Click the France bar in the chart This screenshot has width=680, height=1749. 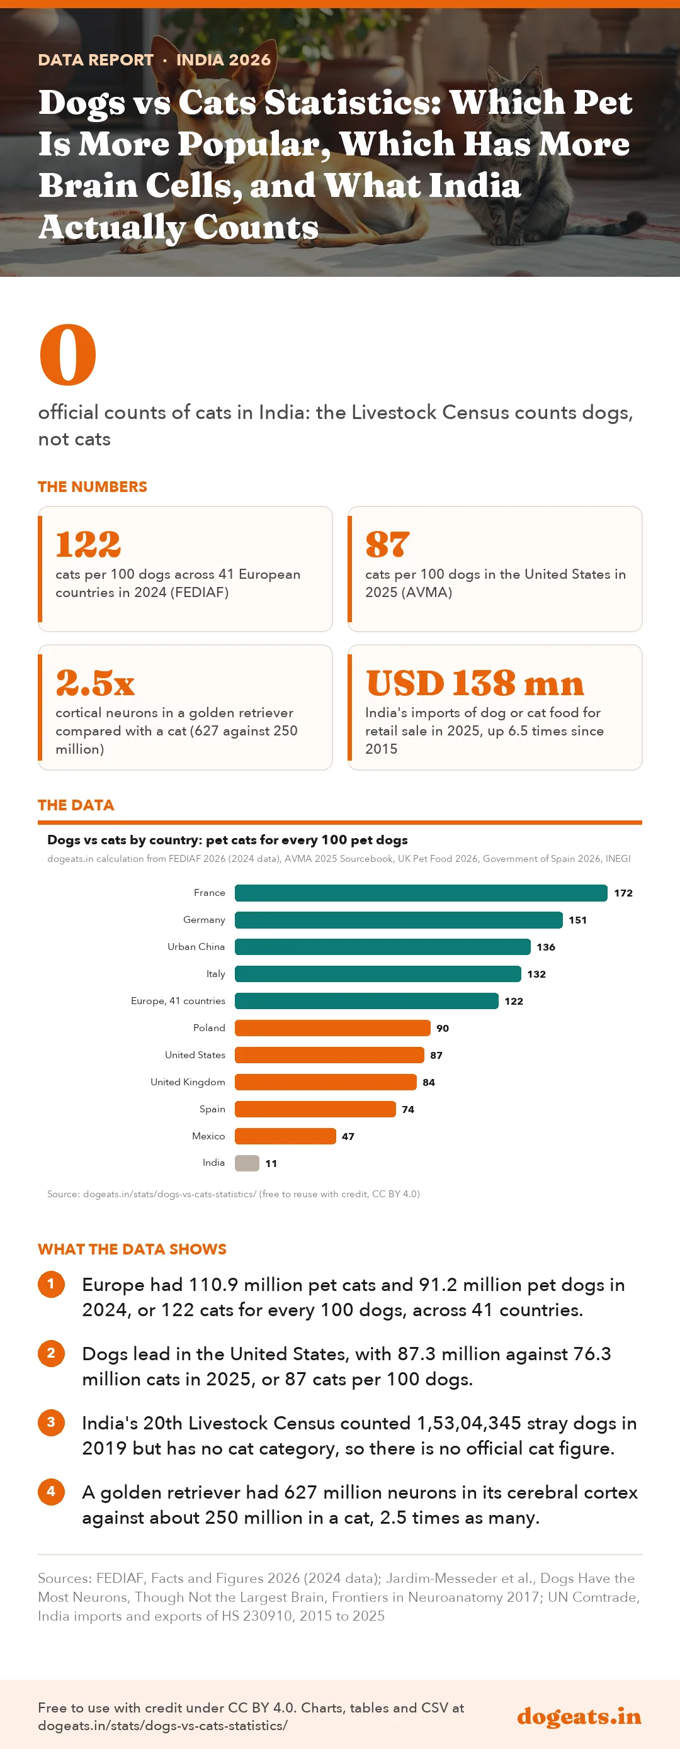[421, 893]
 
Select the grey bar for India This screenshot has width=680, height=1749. [247, 1163]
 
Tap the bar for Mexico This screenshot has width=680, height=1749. [285, 1136]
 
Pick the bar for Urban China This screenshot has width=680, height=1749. [382, 946]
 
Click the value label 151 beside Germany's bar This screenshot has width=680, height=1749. [577, 920]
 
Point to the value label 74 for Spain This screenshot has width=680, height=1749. [407, 1109]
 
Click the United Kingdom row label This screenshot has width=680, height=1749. [188, 1081]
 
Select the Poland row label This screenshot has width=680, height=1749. [209, 1028]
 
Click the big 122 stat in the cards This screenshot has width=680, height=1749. [88, 544]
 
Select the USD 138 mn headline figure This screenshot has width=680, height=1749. [475, 683]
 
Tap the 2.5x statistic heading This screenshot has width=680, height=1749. [95, 683]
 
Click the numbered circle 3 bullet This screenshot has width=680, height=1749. [51, 1422]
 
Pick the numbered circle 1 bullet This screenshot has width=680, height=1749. [51, 1284]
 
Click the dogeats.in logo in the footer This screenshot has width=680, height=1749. [579, 1716]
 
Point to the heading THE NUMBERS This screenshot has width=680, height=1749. [93, 487]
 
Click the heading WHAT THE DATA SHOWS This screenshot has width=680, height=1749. [132, 1249]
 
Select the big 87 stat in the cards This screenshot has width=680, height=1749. [387, 544]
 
